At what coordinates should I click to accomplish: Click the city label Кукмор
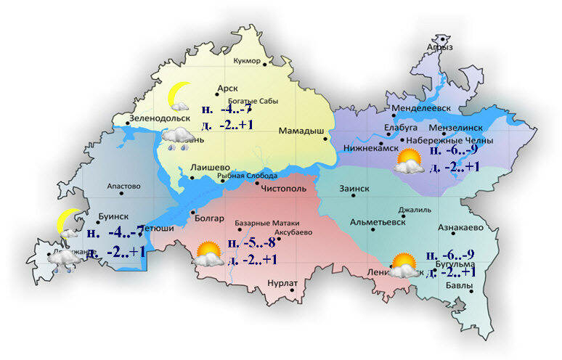(x=243, y=61)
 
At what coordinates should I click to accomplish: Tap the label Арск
(x=227, y=88)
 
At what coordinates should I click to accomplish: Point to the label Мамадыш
(x=301, y=131)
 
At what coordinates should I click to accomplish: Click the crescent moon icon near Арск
(x=178, y=94)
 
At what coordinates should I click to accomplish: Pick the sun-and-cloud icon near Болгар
(x=208, y=253)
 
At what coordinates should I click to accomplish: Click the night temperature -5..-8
(x=251, y=243)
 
